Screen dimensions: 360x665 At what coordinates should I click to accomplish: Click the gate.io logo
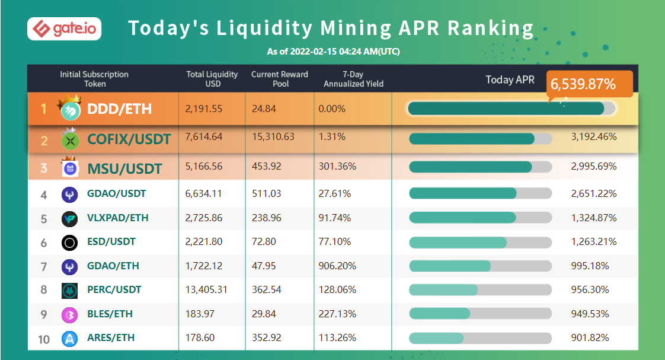(64, 28)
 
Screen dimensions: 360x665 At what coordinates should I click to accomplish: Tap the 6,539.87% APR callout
(589, 84)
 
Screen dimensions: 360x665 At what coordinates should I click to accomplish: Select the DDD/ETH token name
(119, 109)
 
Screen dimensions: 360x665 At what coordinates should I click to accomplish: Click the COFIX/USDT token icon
(71, 140)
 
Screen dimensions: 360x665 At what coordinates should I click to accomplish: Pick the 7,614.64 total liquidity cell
(204, 137)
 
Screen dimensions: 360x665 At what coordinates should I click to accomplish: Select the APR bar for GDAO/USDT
(480, 193)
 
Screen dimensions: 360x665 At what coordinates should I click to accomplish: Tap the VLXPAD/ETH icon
(69, 218)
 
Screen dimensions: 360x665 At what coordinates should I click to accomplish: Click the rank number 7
(44, 266)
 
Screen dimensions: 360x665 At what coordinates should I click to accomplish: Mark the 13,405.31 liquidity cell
(206, 290)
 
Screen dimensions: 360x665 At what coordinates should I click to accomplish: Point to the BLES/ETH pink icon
(69, 314)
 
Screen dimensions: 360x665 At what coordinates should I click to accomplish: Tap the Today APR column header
(510, 79)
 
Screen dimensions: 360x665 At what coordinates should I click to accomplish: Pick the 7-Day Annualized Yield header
(353, 79)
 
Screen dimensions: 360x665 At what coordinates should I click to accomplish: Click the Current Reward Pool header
(280, 79)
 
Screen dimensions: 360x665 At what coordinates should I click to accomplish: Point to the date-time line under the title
(333, 52)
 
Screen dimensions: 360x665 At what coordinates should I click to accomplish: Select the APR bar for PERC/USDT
(480, 290)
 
